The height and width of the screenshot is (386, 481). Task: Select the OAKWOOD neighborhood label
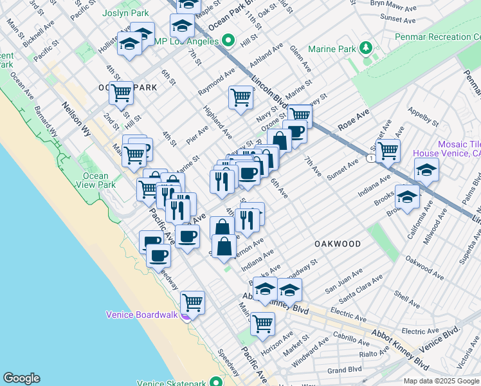coord(338,244)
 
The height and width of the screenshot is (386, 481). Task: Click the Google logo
coord(21,378)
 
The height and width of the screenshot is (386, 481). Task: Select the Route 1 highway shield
coord(372,158)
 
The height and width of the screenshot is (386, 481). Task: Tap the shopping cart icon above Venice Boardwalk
coord(192,301)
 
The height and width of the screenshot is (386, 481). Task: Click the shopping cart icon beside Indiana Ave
coord(387,150)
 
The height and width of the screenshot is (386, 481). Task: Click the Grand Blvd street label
coord(343,371)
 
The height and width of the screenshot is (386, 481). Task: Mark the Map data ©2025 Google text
coord(441,381)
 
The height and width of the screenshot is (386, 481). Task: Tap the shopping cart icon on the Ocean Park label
coord(121,93)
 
